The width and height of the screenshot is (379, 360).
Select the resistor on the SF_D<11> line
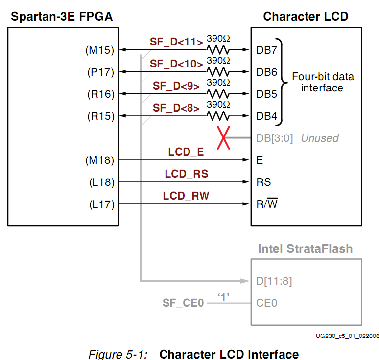[x=218, y=49]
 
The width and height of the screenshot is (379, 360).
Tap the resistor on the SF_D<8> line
[x=218, y=116]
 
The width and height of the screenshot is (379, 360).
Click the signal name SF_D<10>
[x=176, y=64]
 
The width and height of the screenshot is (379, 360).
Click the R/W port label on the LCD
[x=267, y=204]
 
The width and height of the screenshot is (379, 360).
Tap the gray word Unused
[x=319, y=138]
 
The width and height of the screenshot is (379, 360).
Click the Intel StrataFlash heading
[x=305, y=248]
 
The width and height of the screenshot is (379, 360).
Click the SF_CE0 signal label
[x=183, y=303]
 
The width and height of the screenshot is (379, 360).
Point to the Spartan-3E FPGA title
[x=62, y=17]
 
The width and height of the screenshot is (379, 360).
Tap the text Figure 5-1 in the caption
[x=118, y=354]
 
